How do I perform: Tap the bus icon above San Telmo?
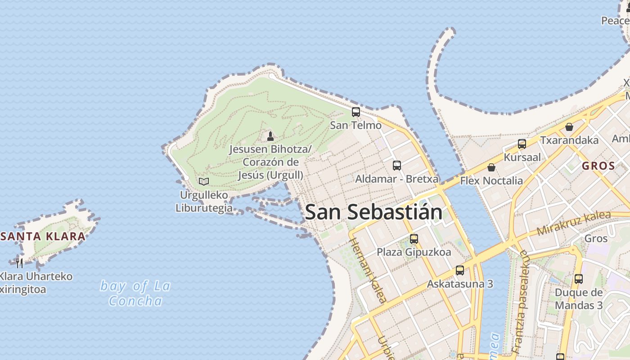pyautogui.click(x=356, y=112)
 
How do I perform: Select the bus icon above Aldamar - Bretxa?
pyautogui.click(x=396, y=166)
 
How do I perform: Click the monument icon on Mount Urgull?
pyautogui.click(x=270, y=136)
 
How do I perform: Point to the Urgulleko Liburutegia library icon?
pyautogui.click(x=204, y=181)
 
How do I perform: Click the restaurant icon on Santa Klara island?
pyautogui.click(x=19, y=263)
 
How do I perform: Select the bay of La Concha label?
pyautogui.click(x=135, y=293)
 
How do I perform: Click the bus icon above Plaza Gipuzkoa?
pyautogui.click(x=414, y=239)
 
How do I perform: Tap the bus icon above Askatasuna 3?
pyautogui.click(x=459, y=270)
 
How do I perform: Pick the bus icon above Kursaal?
pyautogui.click(x=522, y=144)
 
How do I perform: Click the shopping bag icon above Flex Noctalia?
pyautogui.click(x=491, y=167)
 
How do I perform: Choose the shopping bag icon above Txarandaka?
pyautogui.click(x=569, y=127)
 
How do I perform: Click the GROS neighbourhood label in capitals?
pyautogui.click(x=598, y=166)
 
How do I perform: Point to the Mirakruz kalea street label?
pyautogui.click(x=574, y=224)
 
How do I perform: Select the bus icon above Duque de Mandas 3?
pyautogui.click(x=579, y=279)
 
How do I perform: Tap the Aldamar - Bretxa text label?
pyautogui.click(x=397, y=179)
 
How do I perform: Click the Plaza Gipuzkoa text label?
pyautogui.click(x=414, y=252)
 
